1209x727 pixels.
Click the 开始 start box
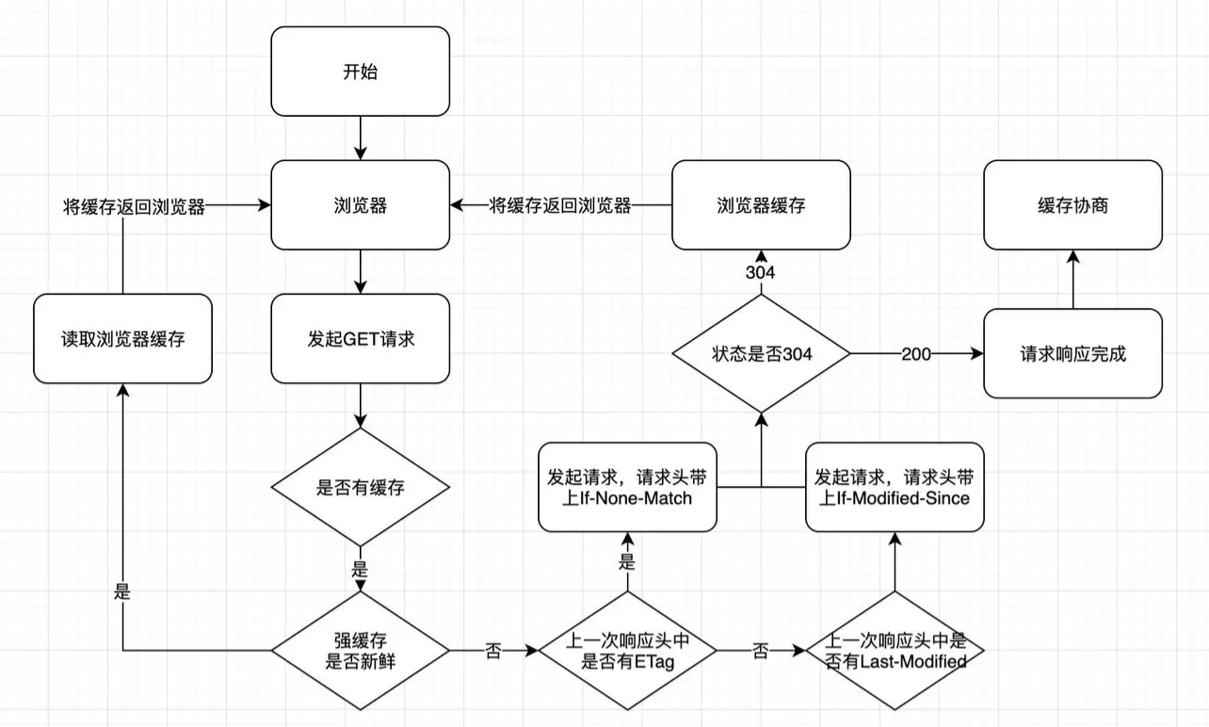click(x=359, y=72)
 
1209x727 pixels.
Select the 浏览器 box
click(x=359, y=205)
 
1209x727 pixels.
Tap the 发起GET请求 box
click(x=359, y=339)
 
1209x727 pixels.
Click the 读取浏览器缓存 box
click(x=122, y=339)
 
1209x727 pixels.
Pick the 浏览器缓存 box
click(x=761, y=205)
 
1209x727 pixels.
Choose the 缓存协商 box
click(x=1073, y=205)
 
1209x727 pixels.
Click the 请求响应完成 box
click(x=1073, y=354)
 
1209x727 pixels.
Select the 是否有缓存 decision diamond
click(x=360, y=488)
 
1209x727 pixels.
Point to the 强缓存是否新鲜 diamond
click(x=360, y=650)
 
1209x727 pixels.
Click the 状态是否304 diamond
click(x=761, y=354)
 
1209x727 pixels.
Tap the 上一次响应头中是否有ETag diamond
click(x=627, y=650)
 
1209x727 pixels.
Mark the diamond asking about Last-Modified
click(x=895, y=650)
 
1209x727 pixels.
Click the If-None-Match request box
click(x=627, y=488)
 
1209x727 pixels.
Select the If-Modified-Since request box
click(x=895, y=488)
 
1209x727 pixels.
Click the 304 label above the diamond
click(x=761, y=272)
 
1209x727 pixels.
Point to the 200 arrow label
click(x=917, y=354)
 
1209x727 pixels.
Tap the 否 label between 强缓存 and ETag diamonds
click(x=493, y=651)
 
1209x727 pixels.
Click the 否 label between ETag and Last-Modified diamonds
click(x=761, y=651)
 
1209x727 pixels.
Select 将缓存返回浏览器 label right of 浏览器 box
click(x=560, y=205)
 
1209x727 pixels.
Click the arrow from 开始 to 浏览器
click(x=359, y=139)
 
